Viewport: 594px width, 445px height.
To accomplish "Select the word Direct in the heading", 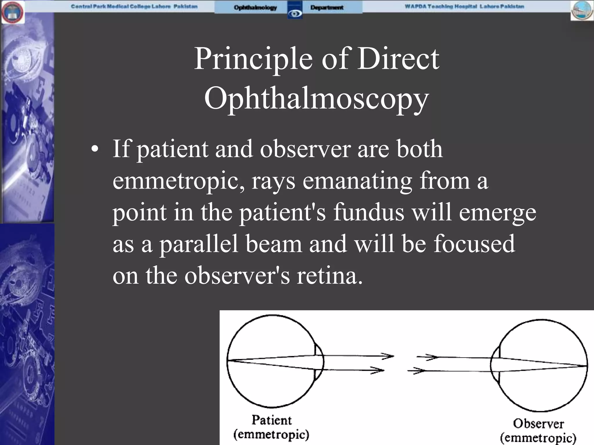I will (398, 59).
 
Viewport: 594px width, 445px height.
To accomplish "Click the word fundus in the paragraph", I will (369, 212).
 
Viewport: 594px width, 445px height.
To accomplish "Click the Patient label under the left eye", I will (271, 420).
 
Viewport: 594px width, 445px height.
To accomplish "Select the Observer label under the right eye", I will (538, 424).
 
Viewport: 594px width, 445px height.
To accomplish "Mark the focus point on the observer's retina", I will (586, 366).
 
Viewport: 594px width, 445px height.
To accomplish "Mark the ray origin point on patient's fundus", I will (228, 360).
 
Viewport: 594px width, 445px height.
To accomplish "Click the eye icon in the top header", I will (295, 13).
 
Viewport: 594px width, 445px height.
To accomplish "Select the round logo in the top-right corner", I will (582, 11).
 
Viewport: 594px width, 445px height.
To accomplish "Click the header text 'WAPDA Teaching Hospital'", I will (441, 6).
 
